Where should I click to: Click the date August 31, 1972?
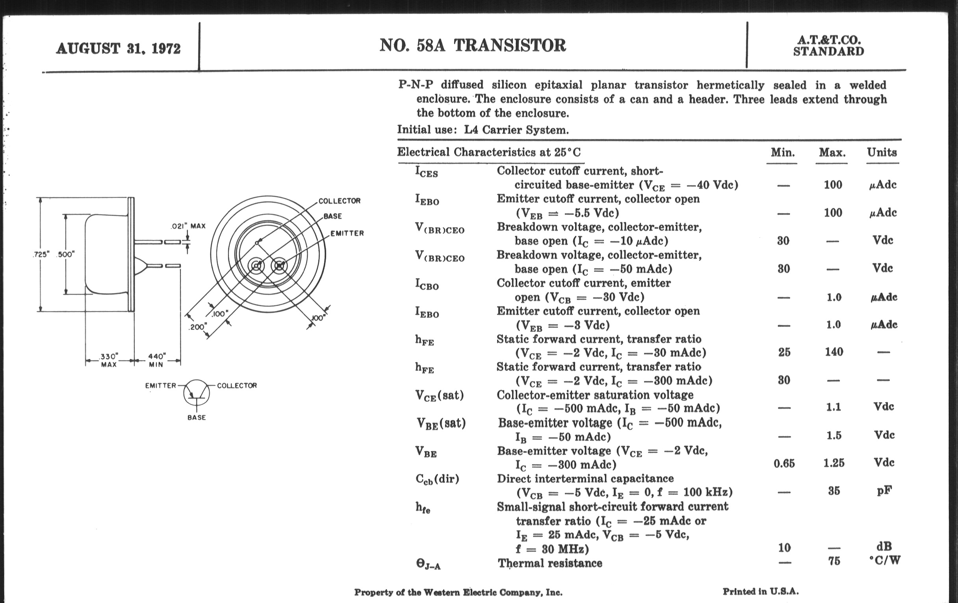(x=118, y=48)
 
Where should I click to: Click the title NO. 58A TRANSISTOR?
(x=472, y=45)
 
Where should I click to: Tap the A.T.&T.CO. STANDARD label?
(x=828, y=46)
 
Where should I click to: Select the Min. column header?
(x=783, y=153)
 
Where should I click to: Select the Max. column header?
(x=832, y=153)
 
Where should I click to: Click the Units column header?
(x=882, y=153)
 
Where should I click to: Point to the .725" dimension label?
(x=41, y=255)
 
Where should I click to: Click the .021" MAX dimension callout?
(x=188, y=226)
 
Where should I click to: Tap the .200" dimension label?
(x=197, y=327)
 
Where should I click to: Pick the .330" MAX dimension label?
(x=109, y=360)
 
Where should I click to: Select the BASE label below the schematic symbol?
(x=197, y=417)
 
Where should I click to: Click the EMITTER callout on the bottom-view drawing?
(x=347, y=233)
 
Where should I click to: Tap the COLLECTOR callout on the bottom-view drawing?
(x=340, y=201)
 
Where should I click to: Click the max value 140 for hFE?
(x=834, y=352)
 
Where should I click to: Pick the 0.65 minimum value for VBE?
(x=784, y=463)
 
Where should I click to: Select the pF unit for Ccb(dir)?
(x=884, y=490)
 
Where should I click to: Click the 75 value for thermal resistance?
(x=834, y=561)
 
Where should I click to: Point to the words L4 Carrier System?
(x=516, y=130)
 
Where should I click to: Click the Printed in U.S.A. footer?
(x=760, y=592)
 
